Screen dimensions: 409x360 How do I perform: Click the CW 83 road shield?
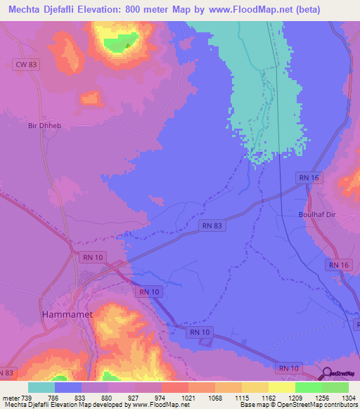pyautogui.click(x=26, y=65)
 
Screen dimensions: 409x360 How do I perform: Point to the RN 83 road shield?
pyautogui.click(x=212, y=226)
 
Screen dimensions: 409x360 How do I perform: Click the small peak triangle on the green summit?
pyautogui.click(x=127, y=46)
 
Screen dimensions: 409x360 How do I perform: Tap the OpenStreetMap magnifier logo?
pyautogui.click(x=327, y=373)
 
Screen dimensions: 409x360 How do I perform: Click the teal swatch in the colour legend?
pyautogui.click(x=41, y=387)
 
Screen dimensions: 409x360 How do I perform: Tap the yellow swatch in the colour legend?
pyautogui.click(x=281, y=387)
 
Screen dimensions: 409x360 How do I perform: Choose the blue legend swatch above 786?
pyautogui.click(x=68, y=387)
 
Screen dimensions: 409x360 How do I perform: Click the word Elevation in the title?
pyautogui.click(x=119, y=10)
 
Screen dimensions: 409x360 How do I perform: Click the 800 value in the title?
pyautogui.click(x=156, y=10)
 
